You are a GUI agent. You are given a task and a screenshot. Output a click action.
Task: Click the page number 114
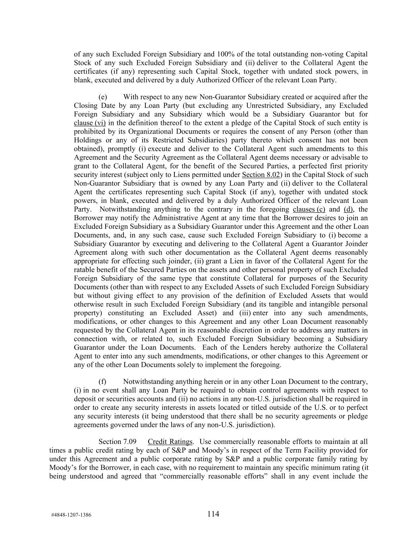[213, 514]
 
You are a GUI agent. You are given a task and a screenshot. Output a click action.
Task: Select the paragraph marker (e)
[102, 97]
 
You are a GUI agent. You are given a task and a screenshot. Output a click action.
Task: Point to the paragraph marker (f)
[102, 381]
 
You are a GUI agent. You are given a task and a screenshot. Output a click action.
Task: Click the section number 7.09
[129, 442]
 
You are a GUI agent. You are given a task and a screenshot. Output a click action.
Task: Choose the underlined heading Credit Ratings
[170, 442]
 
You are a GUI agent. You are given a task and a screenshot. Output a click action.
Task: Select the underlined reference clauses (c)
[309, 209]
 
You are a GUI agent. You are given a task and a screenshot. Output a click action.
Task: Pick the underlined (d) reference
[348, 209]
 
